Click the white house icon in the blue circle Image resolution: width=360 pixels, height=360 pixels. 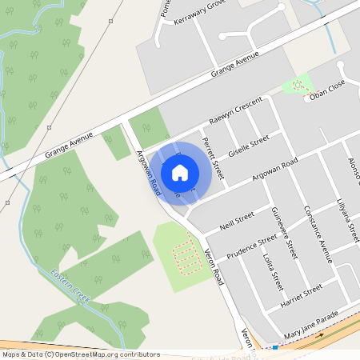pos(180,172)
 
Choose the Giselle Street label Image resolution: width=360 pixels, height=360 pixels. pos(249,146)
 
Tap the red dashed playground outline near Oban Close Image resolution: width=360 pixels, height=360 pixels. pos(299,85)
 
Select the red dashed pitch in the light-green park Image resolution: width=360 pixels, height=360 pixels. pos(185,257)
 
